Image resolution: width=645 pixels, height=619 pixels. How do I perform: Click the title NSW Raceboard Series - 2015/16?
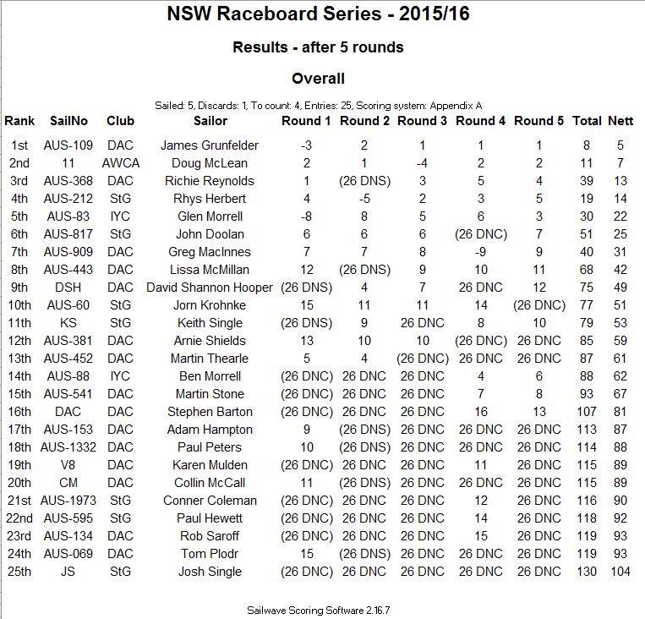(318, 15)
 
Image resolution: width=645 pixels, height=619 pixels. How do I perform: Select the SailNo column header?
(69, 121)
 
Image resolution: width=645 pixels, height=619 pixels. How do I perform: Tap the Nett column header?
(621, 121)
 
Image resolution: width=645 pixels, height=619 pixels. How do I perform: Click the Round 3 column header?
(422, 121)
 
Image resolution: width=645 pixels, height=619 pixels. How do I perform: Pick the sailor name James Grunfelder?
(209, 145)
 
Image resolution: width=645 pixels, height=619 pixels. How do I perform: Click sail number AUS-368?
(69, 181)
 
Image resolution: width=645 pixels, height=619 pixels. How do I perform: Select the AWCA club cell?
(121, 163)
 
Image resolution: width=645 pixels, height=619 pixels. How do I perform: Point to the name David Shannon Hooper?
(210, 288)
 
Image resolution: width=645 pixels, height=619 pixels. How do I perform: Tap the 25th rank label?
(19, 572)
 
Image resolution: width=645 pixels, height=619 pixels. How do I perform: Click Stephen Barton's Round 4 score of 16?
(480, 412)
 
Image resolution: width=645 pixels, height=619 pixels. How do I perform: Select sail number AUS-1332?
(69, 447)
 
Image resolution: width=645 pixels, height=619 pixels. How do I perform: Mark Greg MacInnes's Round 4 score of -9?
(480, 252)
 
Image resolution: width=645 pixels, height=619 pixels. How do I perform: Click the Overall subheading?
(318, 79)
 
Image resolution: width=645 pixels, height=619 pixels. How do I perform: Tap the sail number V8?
(69, 465)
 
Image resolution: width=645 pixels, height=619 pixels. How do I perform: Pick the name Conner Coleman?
(210, 501)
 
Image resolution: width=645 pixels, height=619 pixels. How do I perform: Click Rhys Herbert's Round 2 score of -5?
(364, 199)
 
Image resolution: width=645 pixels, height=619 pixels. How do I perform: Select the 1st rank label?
(19, 145)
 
